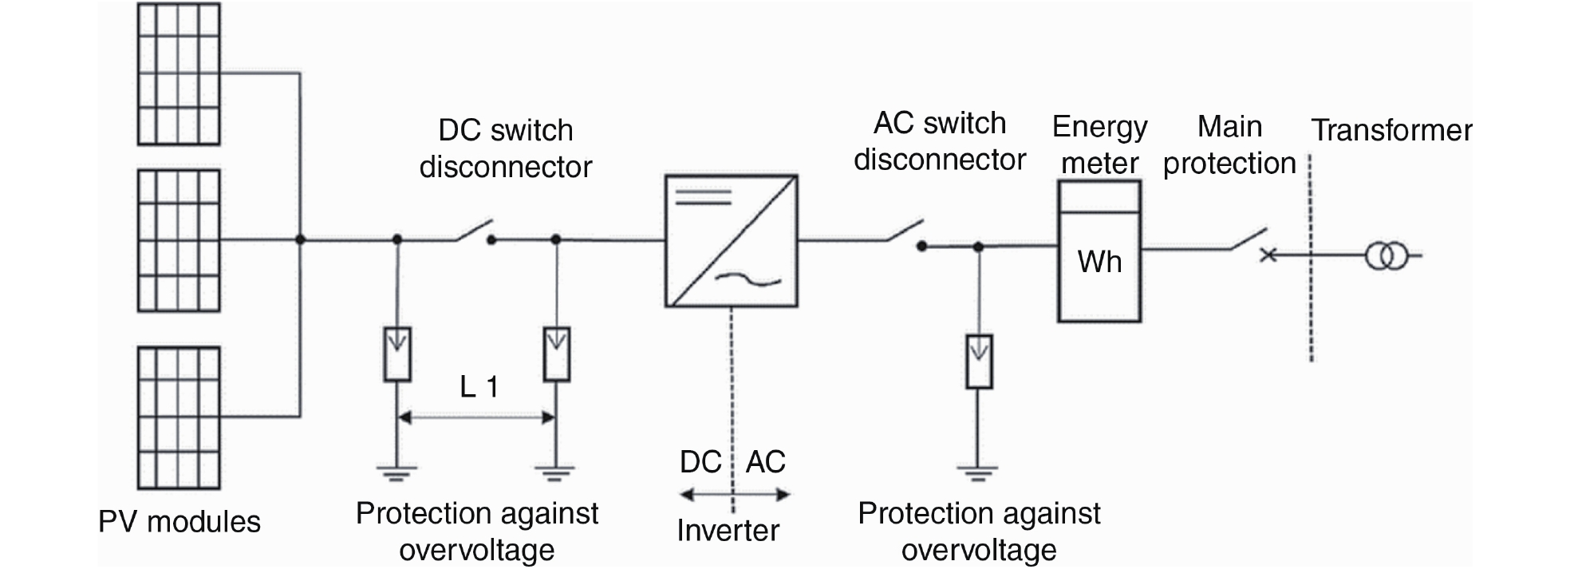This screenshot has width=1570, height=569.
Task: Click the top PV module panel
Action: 179,74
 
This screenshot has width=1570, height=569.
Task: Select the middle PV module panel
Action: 179,240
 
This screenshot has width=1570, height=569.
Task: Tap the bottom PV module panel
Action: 179,417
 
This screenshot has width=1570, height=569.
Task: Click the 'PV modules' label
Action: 179,522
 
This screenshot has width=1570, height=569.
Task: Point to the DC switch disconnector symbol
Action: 475,231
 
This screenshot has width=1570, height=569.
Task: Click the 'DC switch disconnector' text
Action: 506,148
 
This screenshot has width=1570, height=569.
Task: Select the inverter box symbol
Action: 732,241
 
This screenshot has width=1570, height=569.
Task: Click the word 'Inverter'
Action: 728,531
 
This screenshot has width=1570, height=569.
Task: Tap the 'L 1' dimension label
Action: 479,387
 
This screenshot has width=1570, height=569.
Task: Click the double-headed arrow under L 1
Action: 476,417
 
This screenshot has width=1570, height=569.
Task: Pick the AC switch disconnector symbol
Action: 906,235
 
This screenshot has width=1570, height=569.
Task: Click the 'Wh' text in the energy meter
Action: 1099,262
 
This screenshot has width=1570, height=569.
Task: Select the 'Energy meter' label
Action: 1099,144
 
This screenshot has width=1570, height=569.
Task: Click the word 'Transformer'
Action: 1392,130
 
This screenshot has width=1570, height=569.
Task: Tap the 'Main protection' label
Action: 1229,144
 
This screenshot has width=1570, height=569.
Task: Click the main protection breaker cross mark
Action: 1267,255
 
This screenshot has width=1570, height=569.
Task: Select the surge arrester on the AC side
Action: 979,362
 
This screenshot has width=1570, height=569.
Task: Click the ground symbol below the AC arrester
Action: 978,472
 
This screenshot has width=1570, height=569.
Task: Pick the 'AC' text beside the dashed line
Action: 766,462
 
